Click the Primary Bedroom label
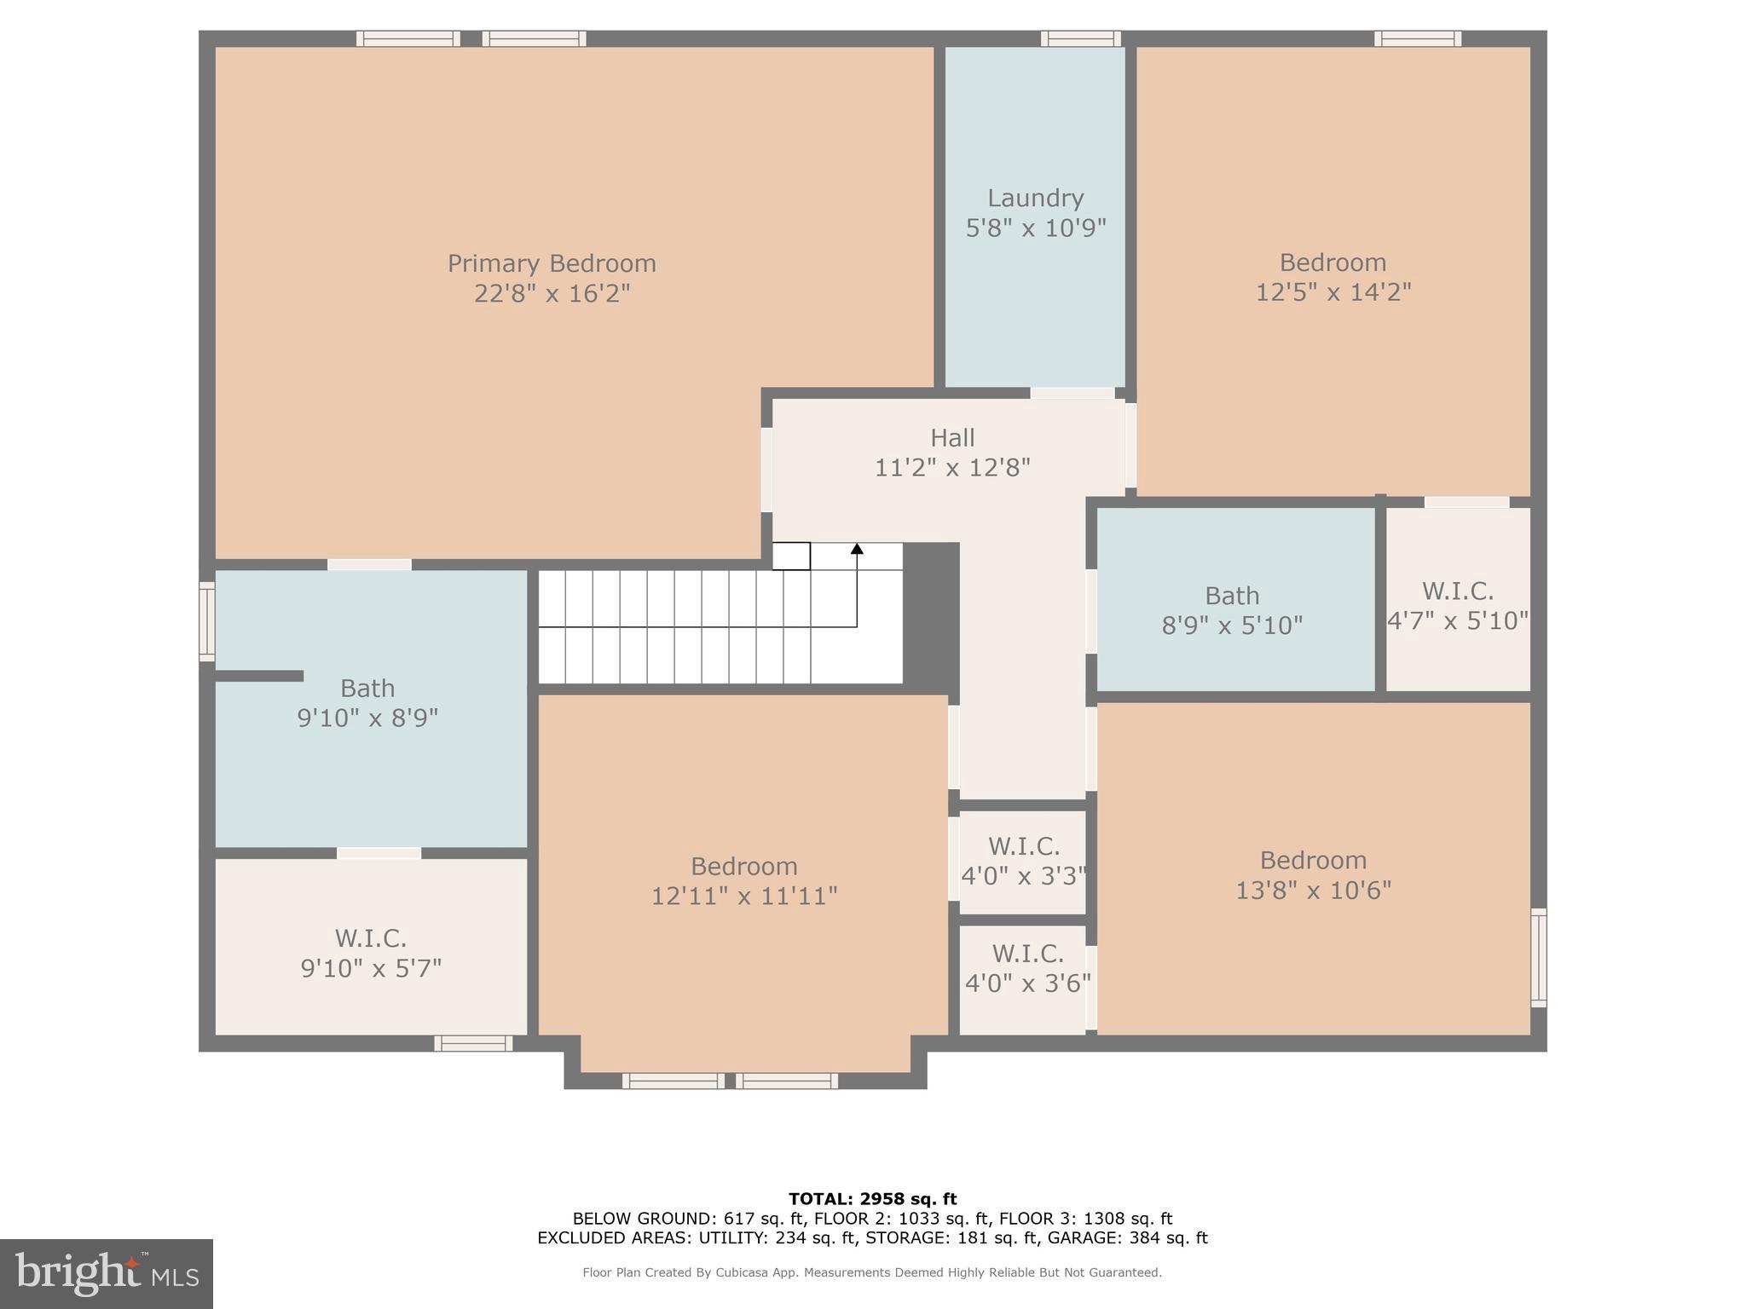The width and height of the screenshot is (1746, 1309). (552, 263)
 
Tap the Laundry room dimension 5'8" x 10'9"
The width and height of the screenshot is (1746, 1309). (1035, 228)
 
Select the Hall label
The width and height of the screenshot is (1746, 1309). (951, 438)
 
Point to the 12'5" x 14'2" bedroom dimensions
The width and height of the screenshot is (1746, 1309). (1333, 292)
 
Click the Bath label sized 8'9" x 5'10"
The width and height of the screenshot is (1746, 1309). (1231, 596)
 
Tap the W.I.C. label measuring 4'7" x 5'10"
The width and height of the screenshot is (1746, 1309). (1457, 591)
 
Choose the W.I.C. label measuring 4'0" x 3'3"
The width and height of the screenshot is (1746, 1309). (1023, 846)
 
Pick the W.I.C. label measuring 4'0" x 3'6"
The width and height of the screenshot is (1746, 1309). (1026, 954)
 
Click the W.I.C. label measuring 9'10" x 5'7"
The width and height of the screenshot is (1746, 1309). (370, 938)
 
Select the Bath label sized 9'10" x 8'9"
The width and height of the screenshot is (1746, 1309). (367, 688)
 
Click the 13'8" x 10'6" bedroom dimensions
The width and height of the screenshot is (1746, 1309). (1313, 891)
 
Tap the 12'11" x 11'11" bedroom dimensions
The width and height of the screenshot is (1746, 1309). (743, 897)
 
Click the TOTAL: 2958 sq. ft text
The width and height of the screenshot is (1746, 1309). (872, 1199)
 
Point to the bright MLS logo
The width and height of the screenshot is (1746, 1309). (106, 1273)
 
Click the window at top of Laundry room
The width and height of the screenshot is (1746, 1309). (1080, 38)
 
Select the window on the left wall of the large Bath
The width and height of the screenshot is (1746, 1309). (206, 621)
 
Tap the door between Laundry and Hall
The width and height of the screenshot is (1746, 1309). (1072, 394)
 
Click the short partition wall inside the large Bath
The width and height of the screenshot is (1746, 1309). (258, 676)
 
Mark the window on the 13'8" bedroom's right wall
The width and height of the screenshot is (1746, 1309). (1538, 958)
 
